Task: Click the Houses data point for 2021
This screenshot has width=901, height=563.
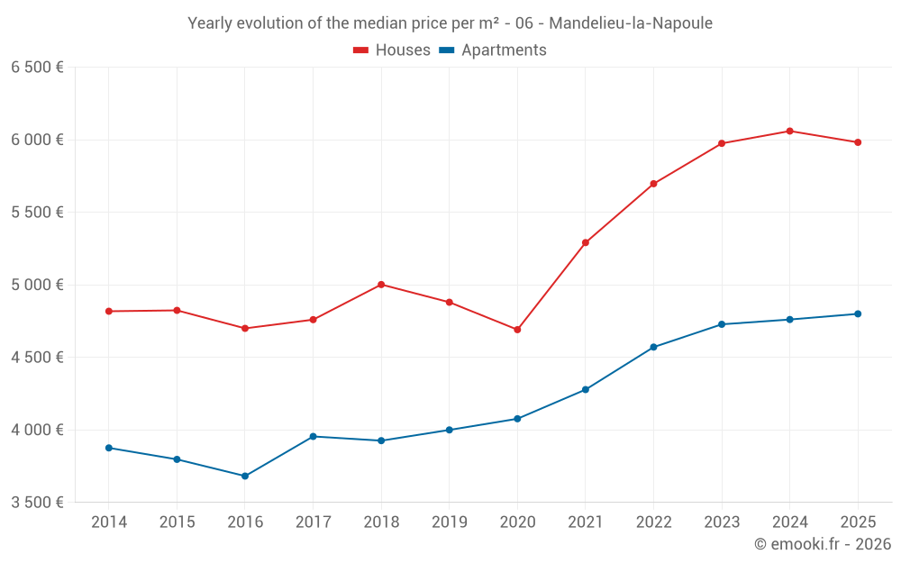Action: pyautogui.click(x=586, y=242)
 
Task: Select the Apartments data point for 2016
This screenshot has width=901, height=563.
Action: pyautogui.click(x=245, y=476)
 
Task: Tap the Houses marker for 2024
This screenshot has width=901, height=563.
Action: pyautogui.click(x=789, y=132)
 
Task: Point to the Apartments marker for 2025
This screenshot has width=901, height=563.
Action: pyautogui.click(x=858, y=313)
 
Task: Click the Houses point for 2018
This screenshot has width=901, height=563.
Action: pyautogui.click(x=381, y=285)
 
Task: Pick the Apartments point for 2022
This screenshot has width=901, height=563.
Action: pyautogui.click(x=653, y=347)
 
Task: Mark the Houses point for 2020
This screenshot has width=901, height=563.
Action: pyautogui.click(x=517, y=330)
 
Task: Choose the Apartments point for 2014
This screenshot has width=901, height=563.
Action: pyautogui.click(x=109, y=448)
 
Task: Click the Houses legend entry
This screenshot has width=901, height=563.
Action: pyautogui.click(x=392, y=50)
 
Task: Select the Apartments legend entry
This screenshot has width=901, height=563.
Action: pyautogui.click(x=493, y=50)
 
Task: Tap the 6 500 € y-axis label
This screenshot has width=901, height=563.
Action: pyautogui.click(x=37, y=68)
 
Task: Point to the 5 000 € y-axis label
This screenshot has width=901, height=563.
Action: pyautogui.click(x=37, y=285)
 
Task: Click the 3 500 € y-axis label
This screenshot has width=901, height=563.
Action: pyautogui.click(x=37, y=502)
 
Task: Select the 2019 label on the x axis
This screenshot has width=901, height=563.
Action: pyautogui.click(x=449, y=522)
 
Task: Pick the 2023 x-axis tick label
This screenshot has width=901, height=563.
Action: pyautogui.click(x=721, y=522)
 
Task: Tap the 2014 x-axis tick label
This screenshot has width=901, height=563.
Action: pyautogui.click(x=109, y=522)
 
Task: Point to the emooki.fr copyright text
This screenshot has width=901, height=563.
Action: pyautogui.click(x=822, y=544)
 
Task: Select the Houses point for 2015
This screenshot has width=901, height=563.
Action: pyautogui.click(x=177, y=310)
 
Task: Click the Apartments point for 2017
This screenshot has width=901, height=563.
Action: pyautogui.click(x=313, y=436)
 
